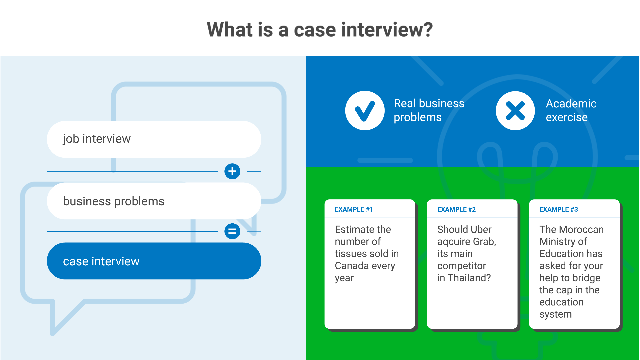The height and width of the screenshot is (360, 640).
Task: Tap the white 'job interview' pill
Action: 154,139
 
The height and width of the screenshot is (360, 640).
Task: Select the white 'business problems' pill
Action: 154,201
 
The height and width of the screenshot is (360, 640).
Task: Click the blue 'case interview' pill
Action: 154,261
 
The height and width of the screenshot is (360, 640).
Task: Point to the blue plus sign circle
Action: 232,171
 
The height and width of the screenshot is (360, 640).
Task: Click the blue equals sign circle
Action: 232,231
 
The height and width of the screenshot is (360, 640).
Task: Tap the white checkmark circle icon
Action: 365,111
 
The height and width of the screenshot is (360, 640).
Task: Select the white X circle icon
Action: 515,111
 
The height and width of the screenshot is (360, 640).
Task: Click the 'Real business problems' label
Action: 429,110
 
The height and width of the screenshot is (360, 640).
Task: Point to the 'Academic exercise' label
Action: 571,110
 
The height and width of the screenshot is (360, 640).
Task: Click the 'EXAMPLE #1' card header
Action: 354,209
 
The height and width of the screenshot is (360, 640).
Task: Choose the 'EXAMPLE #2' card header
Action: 456,209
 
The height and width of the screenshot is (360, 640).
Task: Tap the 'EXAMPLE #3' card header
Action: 559,209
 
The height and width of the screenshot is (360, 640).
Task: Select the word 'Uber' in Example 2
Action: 481,229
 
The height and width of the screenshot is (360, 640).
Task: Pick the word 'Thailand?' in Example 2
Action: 469,278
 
